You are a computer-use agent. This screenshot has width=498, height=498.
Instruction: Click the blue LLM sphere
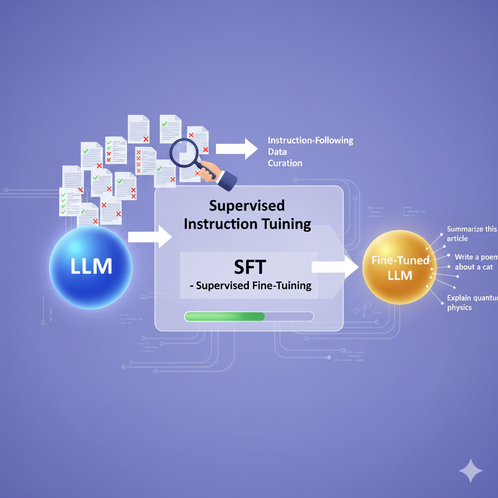pyautogui.click(x=91, y=267)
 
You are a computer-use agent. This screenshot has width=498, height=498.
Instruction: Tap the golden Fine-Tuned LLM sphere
pyautogui.click(x=400, y=267)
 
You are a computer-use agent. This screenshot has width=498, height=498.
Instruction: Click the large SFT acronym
pyautogui.click(x=249, y=267)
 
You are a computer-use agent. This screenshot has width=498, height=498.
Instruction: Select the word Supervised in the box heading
pyautogui.click(x=247, y=206)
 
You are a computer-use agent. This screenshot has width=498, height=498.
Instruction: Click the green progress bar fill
pyautogui.click(x=225, y=316)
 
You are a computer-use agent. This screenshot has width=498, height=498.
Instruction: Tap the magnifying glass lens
pyautogui.click(x=184, y=152)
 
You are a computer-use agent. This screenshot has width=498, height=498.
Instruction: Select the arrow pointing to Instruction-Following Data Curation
pyautogui.click(x=237, y=149)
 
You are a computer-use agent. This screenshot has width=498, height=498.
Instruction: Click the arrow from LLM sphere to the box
pyautogui.click(x=150, y=237)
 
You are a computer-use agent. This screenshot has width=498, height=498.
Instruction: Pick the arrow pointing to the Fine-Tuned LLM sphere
pyautogui.click(x=335, y=267)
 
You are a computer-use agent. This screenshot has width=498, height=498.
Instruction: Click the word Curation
pyautogui.click(x=285, y=163)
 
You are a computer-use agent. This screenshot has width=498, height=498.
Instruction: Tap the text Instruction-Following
pyautogui.click(x=310, y=141)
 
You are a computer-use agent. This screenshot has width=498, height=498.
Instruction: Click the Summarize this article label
pyautogui.click(x=472, y=234)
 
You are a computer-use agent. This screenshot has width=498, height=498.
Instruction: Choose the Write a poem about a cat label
pyautogui.click(x=476, y=262)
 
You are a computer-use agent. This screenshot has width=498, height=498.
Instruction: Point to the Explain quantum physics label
pyautogui.click(x=472, y=302)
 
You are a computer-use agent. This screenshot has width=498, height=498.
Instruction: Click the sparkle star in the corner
pyautogui.click(x=471, y=471)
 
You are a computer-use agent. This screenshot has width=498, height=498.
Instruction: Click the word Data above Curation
pyautogui.click(x=277, y=152)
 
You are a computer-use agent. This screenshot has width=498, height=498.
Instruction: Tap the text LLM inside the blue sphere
pyautogui.click(x=91, y=266)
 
